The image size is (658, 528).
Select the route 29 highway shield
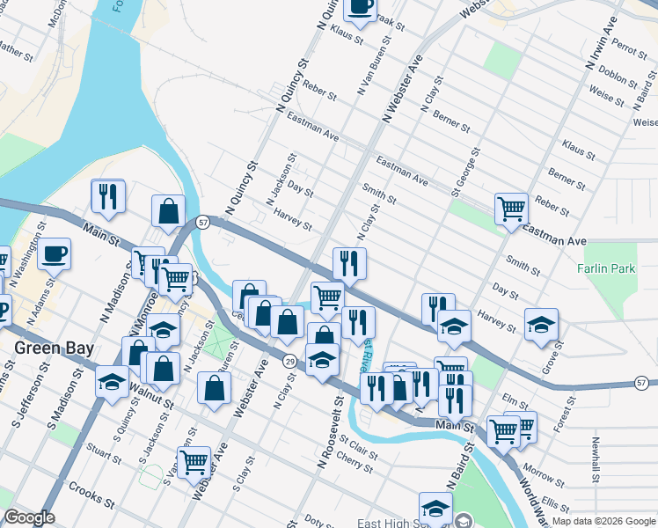coord(289,362)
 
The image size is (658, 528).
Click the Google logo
coord(29,517)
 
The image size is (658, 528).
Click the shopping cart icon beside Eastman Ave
coord(511,209)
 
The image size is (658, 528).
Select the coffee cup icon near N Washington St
coord(55,253)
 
